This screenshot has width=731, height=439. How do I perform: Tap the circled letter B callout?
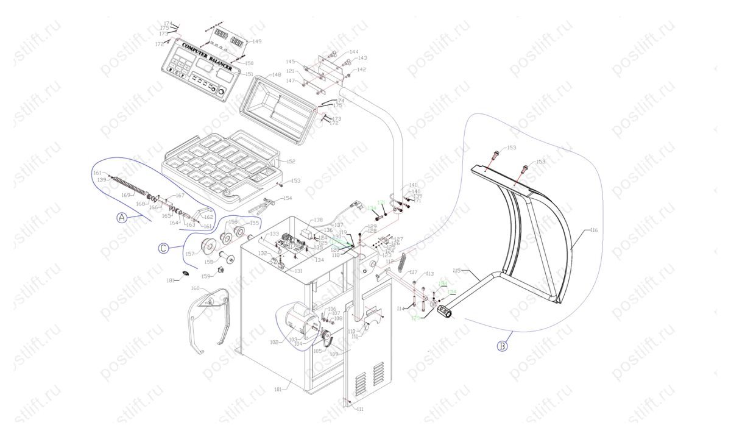pyautogui.click(x=502, y=347)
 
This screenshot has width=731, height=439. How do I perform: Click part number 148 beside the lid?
pyautogui.click(x=276, y=74)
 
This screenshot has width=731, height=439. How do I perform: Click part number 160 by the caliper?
pyautogui.click(x=196, y=288)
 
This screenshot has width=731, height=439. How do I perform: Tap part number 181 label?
pyautogui.click(x=172, y=280)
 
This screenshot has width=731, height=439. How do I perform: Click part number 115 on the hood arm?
pyautogui.click(x=457, y=270)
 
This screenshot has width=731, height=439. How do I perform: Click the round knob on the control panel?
pyautogui.click(x=221, y=95)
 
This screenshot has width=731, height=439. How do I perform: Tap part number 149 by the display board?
pyautogui.click(x=256, y=41)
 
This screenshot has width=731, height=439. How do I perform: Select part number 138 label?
pyautogui.click(x=318, y=220)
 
